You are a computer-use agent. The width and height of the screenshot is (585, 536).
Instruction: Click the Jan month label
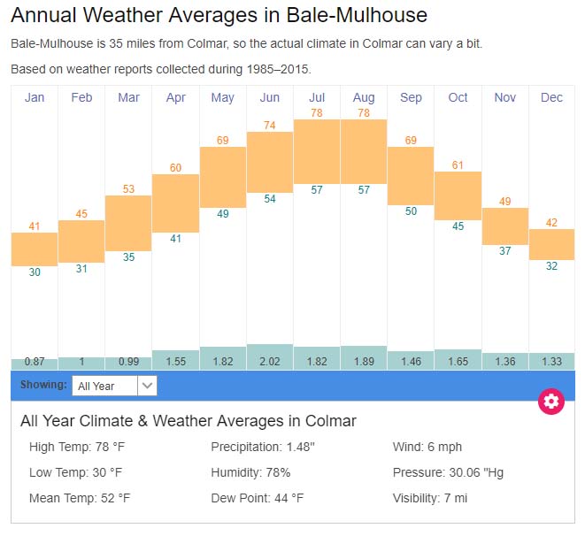point(35,97)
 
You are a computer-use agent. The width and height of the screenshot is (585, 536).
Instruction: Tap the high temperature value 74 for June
point(270,126)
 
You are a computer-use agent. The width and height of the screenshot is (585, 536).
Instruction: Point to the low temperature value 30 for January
point(35,272)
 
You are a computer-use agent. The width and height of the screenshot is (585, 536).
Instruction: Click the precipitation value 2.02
point(270,362)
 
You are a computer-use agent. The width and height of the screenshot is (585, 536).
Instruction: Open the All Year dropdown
point(115,386)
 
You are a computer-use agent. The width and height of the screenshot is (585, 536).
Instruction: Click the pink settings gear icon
point(551,402)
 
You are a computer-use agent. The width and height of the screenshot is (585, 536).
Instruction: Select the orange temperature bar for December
point(551,244)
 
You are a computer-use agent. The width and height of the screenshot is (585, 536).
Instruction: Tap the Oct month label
point(458,97)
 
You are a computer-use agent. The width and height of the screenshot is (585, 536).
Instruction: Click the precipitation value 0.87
point(35,362)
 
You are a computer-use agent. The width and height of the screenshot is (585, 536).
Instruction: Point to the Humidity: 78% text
point(250,472)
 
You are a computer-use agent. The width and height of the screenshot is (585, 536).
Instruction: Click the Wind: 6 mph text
point(427,447)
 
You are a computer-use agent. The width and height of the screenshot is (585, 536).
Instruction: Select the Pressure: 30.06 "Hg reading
point(448,472)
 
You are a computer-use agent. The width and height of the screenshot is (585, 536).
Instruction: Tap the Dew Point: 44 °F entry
point(257,498)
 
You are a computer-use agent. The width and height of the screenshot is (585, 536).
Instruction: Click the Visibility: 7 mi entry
point(430,498)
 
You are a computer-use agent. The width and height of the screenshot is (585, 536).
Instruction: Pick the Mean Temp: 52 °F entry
point(80,498)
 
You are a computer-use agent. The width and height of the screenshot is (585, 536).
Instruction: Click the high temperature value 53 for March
point(128,189)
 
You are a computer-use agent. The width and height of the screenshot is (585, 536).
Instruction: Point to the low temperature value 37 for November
point(504,251)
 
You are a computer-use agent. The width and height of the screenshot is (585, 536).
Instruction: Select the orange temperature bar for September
point(411,175)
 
